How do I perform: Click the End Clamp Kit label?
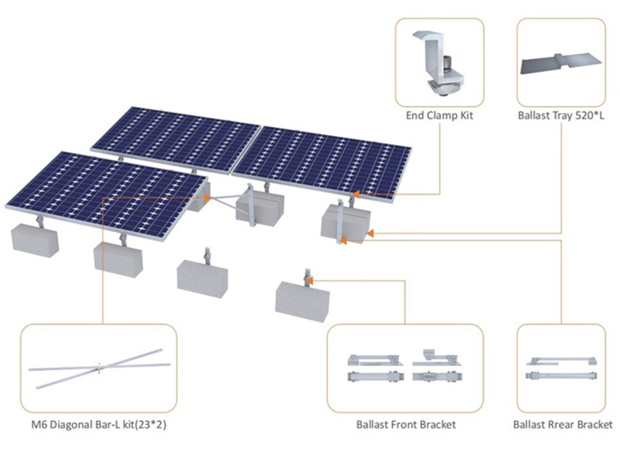click(440, 116)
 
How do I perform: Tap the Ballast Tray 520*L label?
click(560, 116)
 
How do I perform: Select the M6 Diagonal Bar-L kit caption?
click(99, 425)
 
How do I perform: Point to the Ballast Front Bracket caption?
click(406, 425)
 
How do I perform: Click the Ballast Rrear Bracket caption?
click(562, 425)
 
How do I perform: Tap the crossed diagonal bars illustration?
click(99, 368)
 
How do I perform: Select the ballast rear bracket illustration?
click(561, 368)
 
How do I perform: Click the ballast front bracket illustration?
click(406, 368)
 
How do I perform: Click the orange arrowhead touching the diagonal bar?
click(207, 198)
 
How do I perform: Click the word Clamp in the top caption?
click(441, 116)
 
